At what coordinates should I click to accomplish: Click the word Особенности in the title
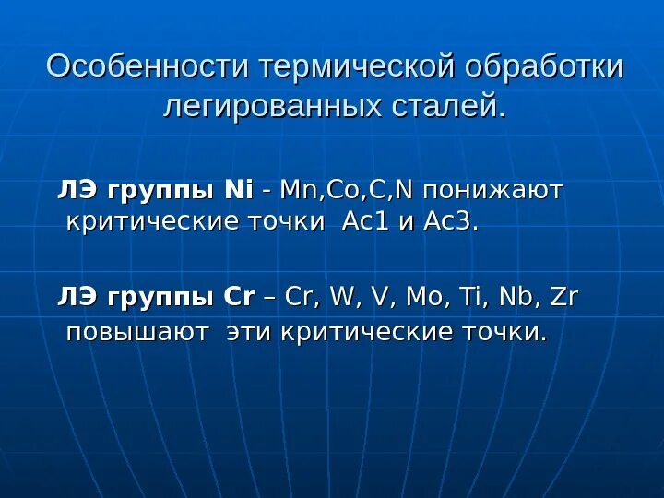tap(148, 67)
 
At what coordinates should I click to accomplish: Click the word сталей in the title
tap(451, 107)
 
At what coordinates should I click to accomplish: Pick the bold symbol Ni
tap(238, 189)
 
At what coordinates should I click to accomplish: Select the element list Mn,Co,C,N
tap(350, 190)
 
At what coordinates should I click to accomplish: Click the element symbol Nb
tap(517, 298)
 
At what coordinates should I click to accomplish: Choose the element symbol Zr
tap(564, 298)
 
